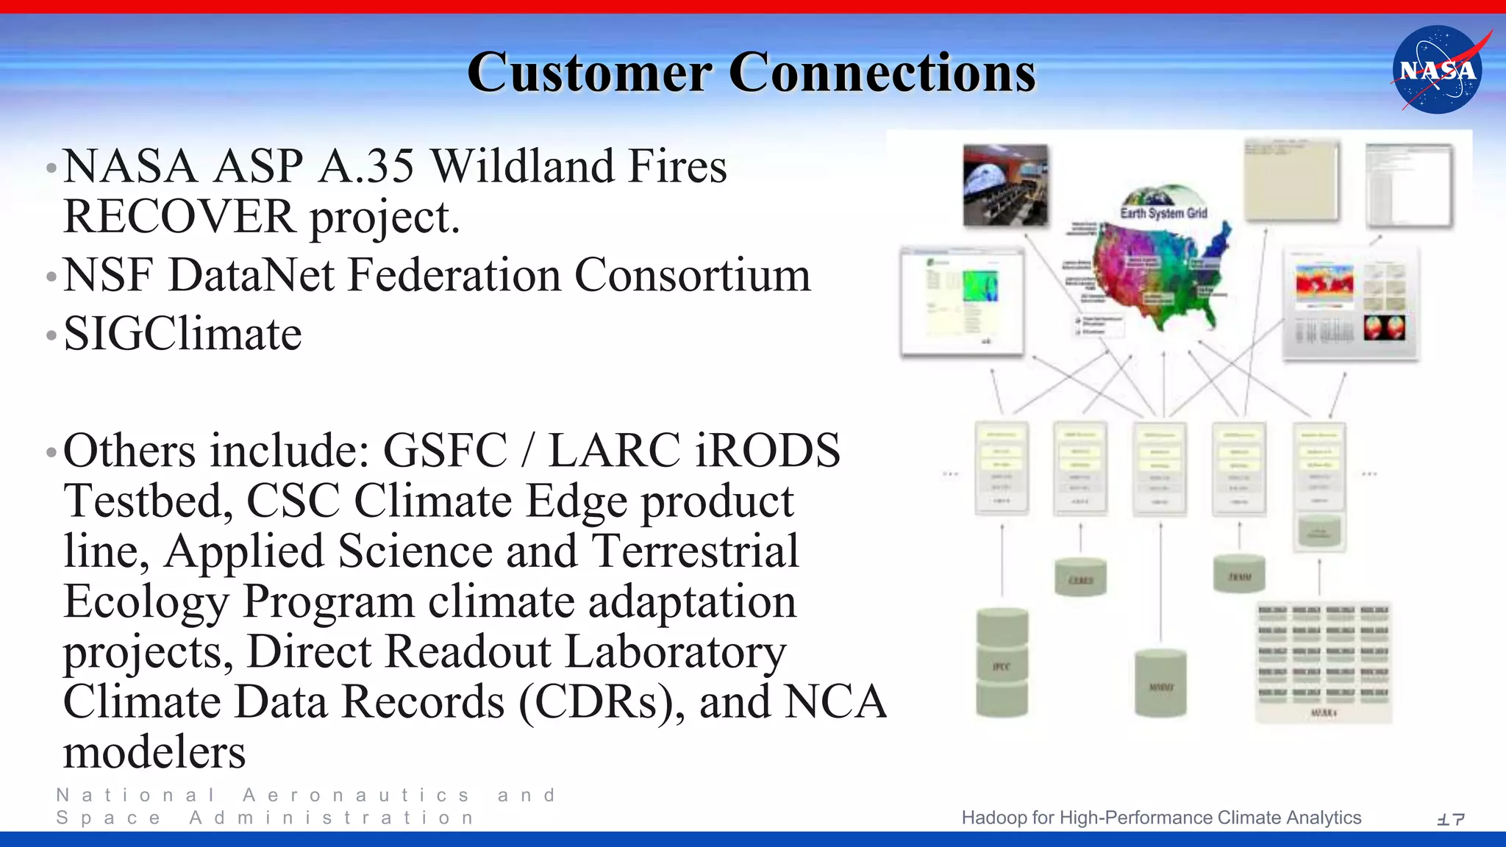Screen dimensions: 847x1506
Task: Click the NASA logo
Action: tap(1438, 70)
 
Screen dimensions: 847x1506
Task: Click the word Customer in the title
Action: tap(589, 73)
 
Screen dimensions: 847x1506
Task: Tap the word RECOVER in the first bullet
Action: tap(179, 217)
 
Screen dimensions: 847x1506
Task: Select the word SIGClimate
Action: tap(182, 334)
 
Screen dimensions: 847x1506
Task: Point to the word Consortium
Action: tap(692, 275)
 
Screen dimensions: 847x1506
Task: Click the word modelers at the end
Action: tap(154, 752)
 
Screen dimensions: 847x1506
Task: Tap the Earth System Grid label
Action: tap(1163, 213)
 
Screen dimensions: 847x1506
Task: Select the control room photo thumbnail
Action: tap(1005, 185)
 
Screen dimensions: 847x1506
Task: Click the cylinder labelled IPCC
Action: tap(1002, 663)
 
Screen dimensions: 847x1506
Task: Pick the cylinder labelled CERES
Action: tap(1080, 577)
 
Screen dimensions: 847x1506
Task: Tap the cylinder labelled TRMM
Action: tap(1239, 574)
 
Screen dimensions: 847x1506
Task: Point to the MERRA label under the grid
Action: tap(1323, 713)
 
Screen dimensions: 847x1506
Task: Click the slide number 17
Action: tap(1450, 818)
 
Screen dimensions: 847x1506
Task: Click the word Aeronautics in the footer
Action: tap(356, 795)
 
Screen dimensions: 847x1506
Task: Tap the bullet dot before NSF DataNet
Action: tap(51, 278)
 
